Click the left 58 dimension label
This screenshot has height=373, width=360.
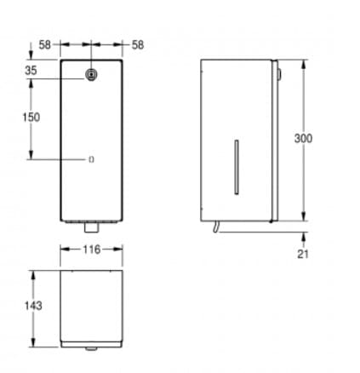[44, 44]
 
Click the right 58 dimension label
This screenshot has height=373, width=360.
[138, 45]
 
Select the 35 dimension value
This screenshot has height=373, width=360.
[31, 70]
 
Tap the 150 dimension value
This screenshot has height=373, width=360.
[31, 118]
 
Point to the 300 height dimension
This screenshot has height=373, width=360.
[303, 139]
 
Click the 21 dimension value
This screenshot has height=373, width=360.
[303, 254]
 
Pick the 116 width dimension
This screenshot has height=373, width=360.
[92, 250]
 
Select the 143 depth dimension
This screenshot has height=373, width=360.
[33, 306]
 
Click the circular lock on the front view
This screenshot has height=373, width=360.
[91, 75]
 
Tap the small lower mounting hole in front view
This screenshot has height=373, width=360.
[91, 159]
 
